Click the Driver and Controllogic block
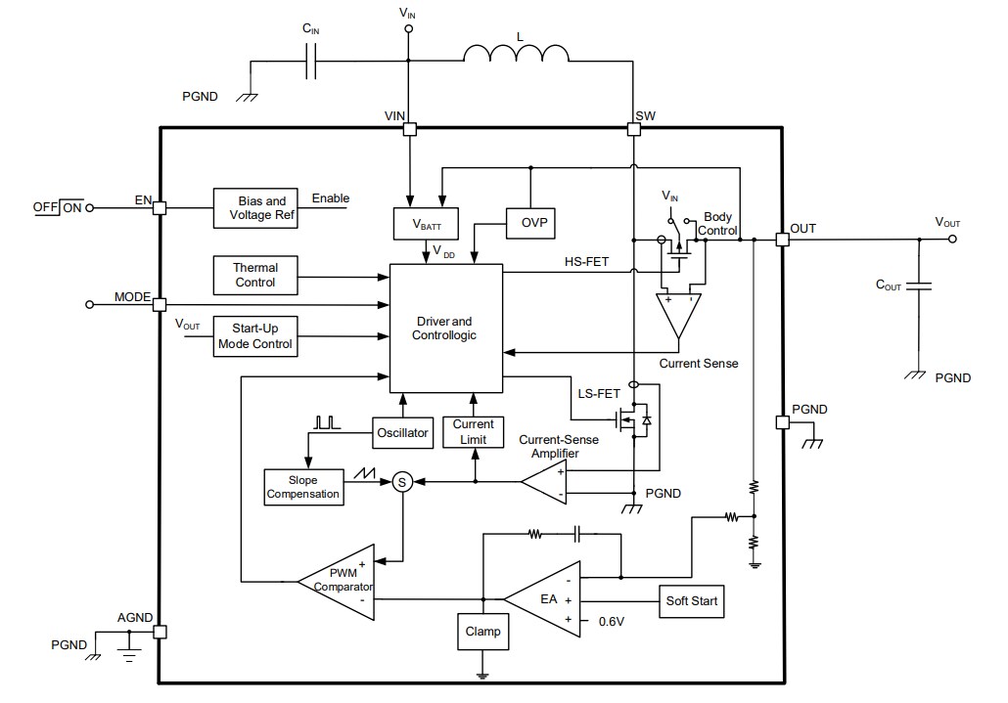(x=446, y=328)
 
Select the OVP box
(x=529, y=224)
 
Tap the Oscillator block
(x=402, y=432)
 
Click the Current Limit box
(x=473, y=432)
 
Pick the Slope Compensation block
(x=304, y=486)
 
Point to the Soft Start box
(x=691, y=600)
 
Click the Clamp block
(x=482, y=632)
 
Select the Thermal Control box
(x=255, y=275)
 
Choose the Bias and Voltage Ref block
(x=261, y=207)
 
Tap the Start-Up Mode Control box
(x=255, y=336)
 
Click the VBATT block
(x=419, y=224)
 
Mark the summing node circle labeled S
(x=401, y=481)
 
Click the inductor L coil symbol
(x=516, y=57)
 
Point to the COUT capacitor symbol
(x=919, y=286)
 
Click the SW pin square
(x=633, y=128)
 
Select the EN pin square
(x=160, y=207)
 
